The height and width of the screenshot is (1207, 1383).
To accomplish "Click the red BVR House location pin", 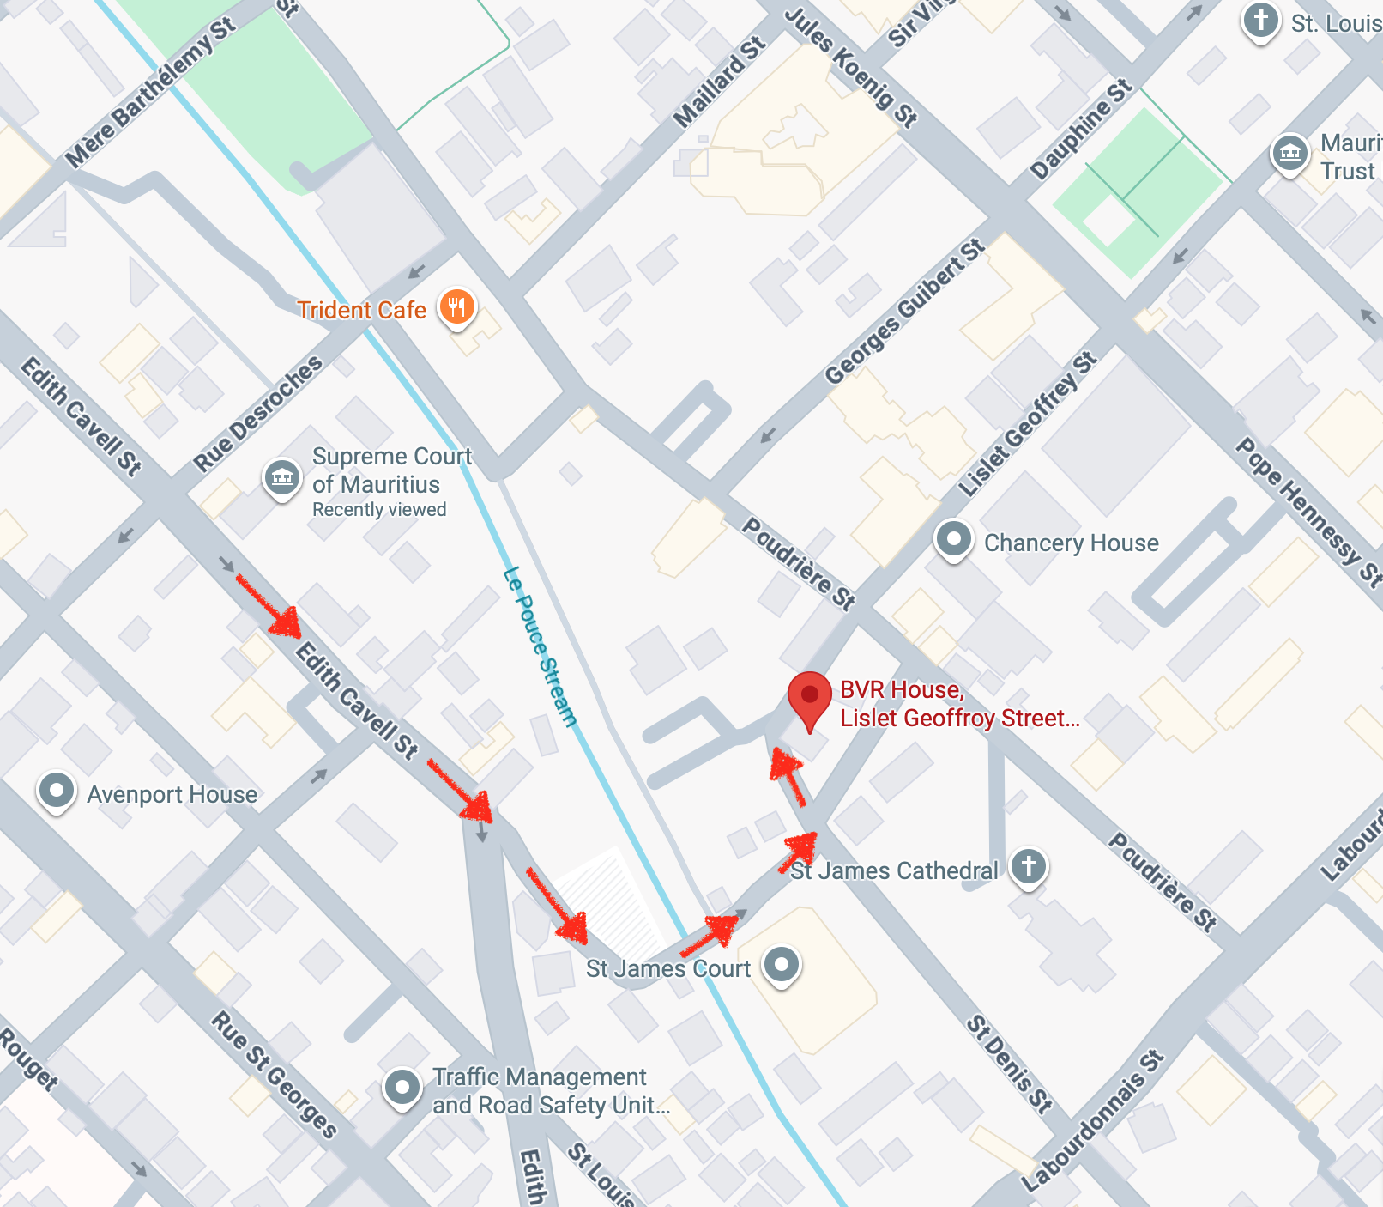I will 809,696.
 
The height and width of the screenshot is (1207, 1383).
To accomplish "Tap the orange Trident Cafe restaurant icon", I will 456,306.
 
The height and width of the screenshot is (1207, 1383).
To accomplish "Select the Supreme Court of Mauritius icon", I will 282,476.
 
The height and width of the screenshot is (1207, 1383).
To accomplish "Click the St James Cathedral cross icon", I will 1028,866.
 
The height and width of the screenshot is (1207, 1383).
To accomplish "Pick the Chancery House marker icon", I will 953,540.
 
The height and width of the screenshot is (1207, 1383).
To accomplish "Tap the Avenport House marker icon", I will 57,790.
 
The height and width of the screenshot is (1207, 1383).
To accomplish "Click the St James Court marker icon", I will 782,965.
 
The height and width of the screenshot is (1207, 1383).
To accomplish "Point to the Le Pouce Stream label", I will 539,647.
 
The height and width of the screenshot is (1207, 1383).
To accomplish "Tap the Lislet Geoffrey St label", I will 1026,425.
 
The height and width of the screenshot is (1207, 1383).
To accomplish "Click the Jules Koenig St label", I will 850,67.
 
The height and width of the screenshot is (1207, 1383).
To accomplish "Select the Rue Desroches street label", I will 257,413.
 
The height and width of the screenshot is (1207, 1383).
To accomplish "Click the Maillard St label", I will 719,82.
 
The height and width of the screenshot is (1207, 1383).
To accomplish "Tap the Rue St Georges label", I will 274,1073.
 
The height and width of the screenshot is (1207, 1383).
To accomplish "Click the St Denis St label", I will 1008,1064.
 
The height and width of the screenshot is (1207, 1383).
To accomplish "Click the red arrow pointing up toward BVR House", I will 788,775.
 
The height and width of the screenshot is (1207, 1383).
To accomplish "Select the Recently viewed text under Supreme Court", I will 379,509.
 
